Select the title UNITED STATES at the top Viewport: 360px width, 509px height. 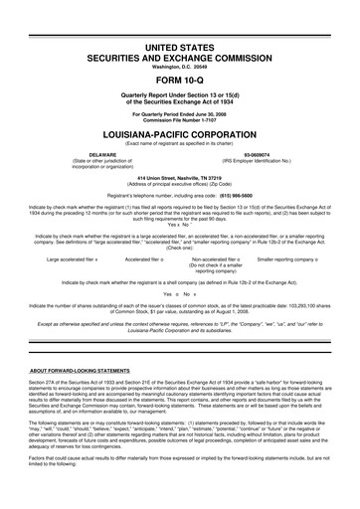[x=179, y=48]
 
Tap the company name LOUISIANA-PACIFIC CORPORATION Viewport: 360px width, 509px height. [x=179, y=132]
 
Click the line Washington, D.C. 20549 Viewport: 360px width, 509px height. [x=179, y=70]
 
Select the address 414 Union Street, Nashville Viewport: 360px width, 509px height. [x=179, y=177]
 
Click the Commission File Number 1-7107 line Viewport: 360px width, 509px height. [x=179, y=120]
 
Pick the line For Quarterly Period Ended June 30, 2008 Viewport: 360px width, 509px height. [x=179, y=114]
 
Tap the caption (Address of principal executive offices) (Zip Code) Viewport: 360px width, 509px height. [x=179, y=183]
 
